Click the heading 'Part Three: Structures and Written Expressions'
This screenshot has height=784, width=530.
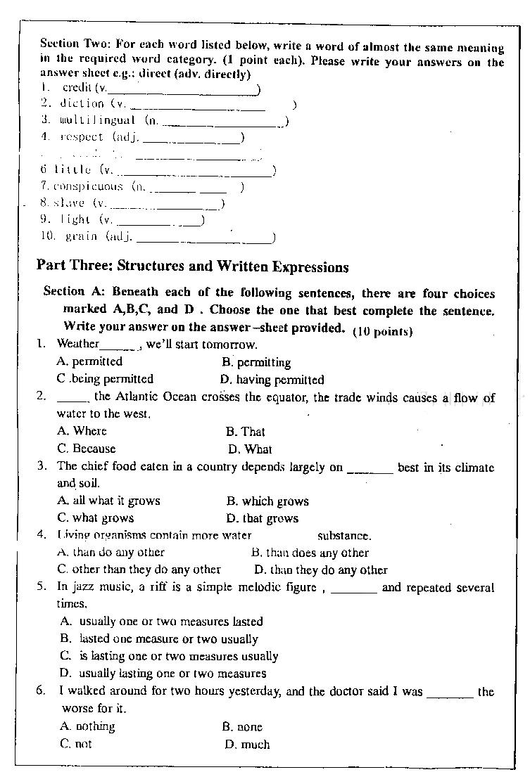coord(192,267)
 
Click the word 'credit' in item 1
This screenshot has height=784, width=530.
coord(77,88)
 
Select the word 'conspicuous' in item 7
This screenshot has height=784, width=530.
coord(88,187)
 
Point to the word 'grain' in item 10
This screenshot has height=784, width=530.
coord(81,237)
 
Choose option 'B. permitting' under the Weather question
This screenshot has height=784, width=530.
coord(256,363)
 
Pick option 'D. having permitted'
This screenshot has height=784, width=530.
coord(272,380)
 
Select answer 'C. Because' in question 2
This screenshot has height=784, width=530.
coord(87,449)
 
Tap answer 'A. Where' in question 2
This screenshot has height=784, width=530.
coord(82,431)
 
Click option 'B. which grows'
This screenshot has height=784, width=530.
coord(267,501)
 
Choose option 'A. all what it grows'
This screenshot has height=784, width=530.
coord(108,501)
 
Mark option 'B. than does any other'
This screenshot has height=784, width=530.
coord(310,553)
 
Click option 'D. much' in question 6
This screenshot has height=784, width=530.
coord(247,744)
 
